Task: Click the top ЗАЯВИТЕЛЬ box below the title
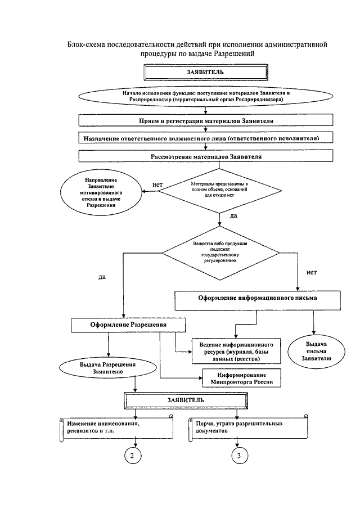pyautogui.click(x=206, y=72)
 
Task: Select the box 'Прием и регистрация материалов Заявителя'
pyautogui.click(x=206, y=120)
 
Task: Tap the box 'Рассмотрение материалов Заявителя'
pyautogui.click(x=206, y=156)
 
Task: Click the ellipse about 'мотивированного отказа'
pyautogui.click(x=101, y=192)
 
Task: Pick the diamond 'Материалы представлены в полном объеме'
pyautogui.click(x=219, y=191)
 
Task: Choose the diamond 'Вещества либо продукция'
pyautogui.click(x=220, y=253)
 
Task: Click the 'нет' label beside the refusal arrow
pyautogui.click(x=157, y=184)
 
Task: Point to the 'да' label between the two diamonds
pyautogui.click(x=233, y=215)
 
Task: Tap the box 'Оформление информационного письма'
pyautogui.click(x=258, y=300)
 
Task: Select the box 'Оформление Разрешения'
pyautogui.click(x=128, y=325)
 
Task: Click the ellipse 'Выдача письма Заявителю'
pyautogui.click(x=317, y=351)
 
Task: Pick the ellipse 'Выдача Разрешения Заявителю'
pyautogui.click(x=108, y=368)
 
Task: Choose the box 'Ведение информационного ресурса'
pyautogui.click(x=236, y=351)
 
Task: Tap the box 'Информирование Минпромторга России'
pyautogui.click(x=241, y=378)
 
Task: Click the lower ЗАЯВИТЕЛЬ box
pyautogui.click(x=186, y=400)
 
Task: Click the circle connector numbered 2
pyautogui.click(x=132, y=456)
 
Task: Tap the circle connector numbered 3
pyautogui.click(x=239, y=456)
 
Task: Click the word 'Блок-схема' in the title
pyautogui.click(x=87, y=44)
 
